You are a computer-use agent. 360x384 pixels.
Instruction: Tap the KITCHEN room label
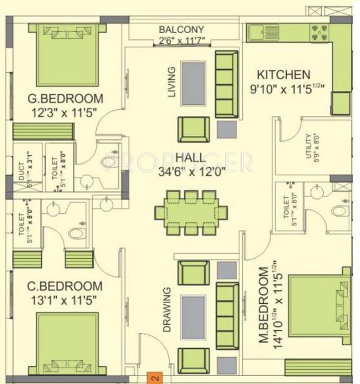coord(284,75)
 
